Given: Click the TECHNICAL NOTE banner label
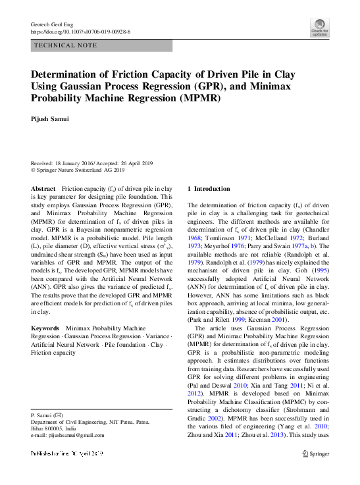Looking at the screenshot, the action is point(65,45).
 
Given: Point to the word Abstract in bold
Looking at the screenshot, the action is point(43,188).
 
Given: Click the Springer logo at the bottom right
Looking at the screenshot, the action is point(315,453).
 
